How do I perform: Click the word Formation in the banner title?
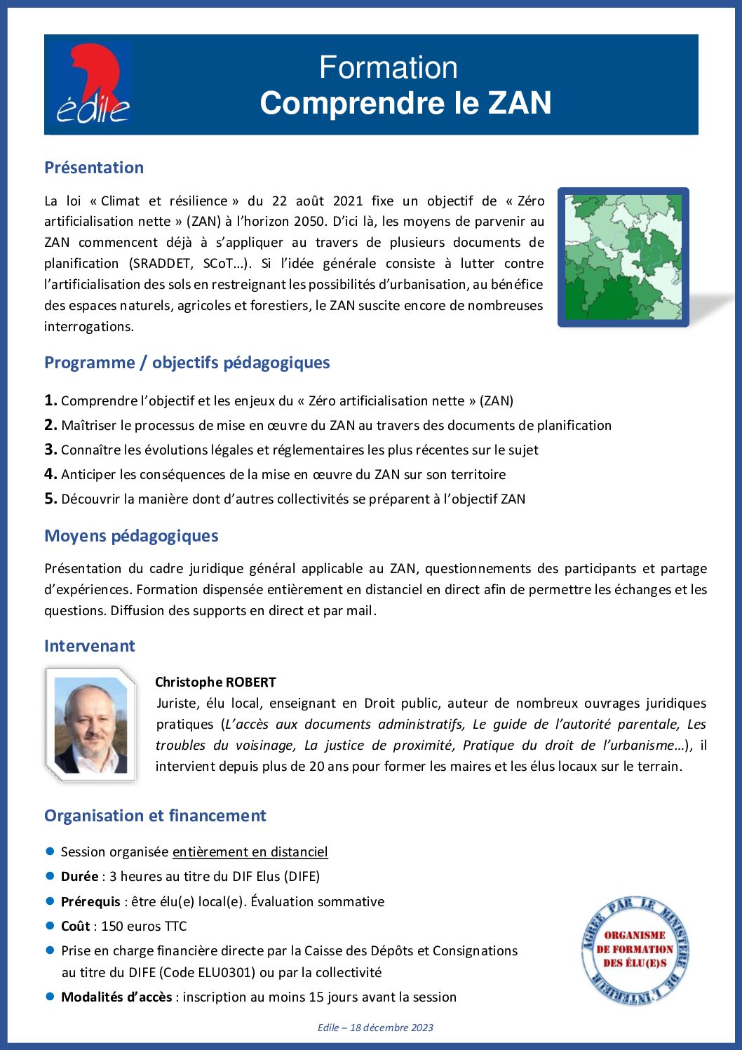[x=388, y=67]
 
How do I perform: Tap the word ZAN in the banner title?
[x=520, y=103]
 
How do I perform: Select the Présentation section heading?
[x=94, y=168]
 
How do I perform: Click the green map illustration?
[x=623, y=257]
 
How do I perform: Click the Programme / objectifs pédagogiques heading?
[x=187, y=363]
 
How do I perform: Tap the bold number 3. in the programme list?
[x=50, y=450]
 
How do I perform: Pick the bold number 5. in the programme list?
[x=50, y=499]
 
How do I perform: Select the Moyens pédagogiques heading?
[x=131, y=536]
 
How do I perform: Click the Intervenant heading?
[x=89, y=646]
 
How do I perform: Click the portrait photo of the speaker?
[x=90, y=725]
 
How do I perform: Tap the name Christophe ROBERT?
[x=215, y=682]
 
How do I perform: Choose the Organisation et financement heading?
[x=155, y=816]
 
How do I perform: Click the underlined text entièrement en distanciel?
[x=250, y=852]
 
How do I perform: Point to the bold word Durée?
[x=79, y=877]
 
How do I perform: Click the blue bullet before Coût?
[x=50, y=926]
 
